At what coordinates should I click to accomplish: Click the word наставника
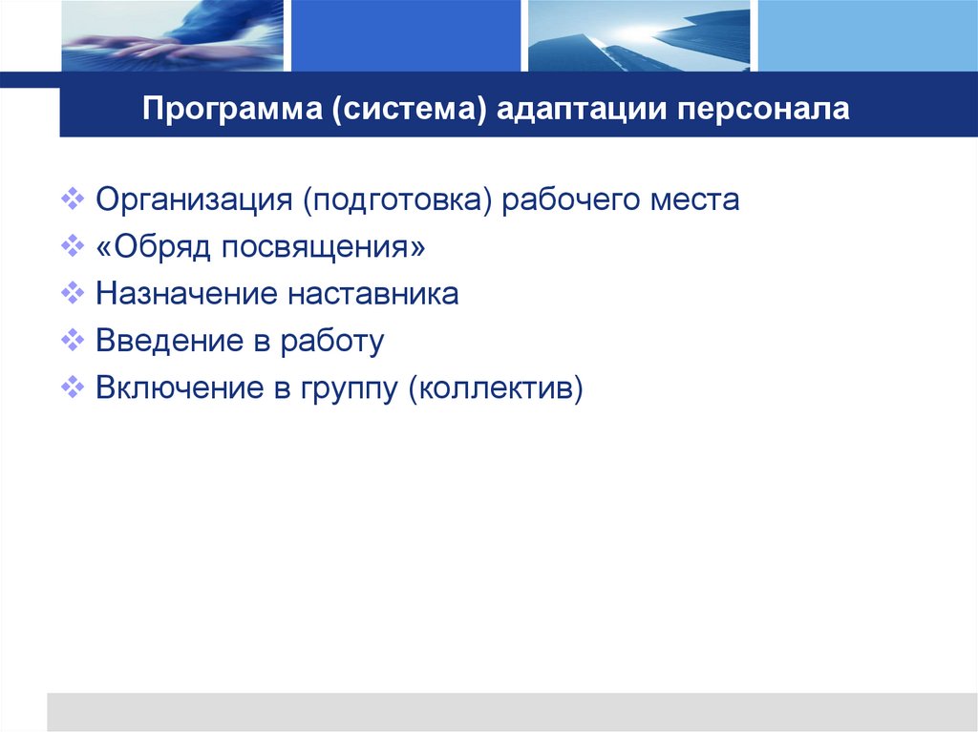(x=371, y=293)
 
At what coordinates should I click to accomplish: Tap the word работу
(x=331, y=341)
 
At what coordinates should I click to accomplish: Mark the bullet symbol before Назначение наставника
(x=74, y=293)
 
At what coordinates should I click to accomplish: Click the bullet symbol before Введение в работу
(x=74, y=340)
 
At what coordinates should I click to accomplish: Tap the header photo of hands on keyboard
(x=172, y=35)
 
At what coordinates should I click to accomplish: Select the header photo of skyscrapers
(x=638, y=35)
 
